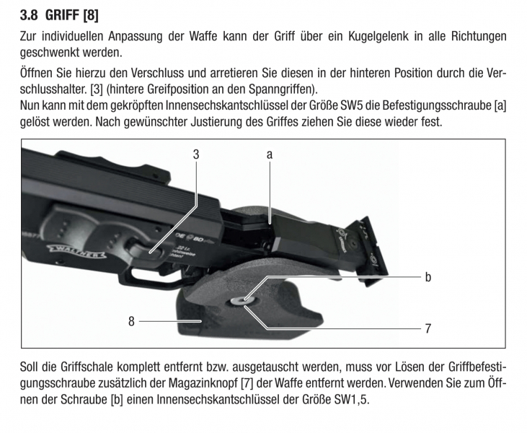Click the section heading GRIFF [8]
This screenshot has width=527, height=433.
coord(71,15)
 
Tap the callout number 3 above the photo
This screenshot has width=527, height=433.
coord(196,154)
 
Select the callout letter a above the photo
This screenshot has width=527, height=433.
coord(269,154)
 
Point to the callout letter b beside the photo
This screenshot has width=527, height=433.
coord(428,276)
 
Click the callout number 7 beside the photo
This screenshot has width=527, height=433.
coord(428,328)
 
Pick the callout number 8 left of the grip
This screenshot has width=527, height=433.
coord(131,321)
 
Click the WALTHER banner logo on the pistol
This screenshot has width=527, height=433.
coord(76,251)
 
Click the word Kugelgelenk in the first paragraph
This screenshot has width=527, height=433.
coord(378,36)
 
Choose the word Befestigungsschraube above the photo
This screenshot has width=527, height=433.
coord(437,105)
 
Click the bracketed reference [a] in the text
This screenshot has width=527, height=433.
coord(500,105)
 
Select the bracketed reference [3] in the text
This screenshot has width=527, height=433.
coord(96,89)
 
